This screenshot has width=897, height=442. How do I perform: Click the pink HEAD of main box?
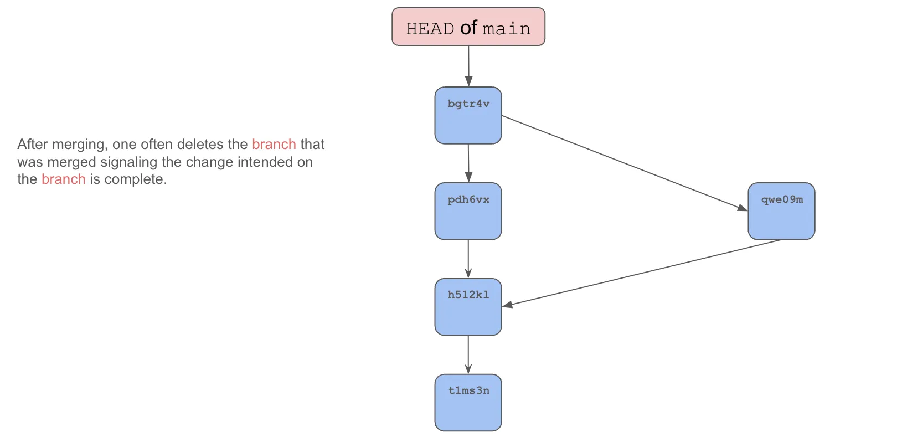(x=468, y=27)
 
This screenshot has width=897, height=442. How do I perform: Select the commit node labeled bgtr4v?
(x=468, y=115)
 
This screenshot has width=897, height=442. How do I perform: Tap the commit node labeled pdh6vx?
(x=468, y=211)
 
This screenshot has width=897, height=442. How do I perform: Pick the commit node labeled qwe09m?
(x=781, y=211)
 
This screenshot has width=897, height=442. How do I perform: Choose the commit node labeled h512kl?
(x=468, y=307)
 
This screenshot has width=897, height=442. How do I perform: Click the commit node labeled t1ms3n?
(x=468, y=403)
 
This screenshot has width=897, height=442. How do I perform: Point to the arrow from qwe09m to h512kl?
(x=642, y=273)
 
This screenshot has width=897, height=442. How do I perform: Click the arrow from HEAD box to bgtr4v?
(x=468, y=65)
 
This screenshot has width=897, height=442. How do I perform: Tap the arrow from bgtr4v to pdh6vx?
(x=468, y=163)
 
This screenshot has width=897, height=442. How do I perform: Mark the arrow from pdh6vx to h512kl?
(x=468, y=259)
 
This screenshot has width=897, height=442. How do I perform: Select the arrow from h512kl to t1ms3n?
(x=468, y=354)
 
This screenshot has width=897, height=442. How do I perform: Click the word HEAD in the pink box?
(x=430, y=29)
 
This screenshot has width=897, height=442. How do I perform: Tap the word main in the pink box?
(x=506, y=29)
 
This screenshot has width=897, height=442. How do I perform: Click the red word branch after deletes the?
(x=274, y=144)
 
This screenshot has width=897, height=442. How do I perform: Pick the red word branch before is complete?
(x=63, y=179)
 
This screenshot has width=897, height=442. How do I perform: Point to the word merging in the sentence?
(x=80, y=145)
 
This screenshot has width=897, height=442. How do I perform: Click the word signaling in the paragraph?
(x=128, y=162)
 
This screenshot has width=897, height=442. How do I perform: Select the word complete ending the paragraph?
(x=135, y=179)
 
